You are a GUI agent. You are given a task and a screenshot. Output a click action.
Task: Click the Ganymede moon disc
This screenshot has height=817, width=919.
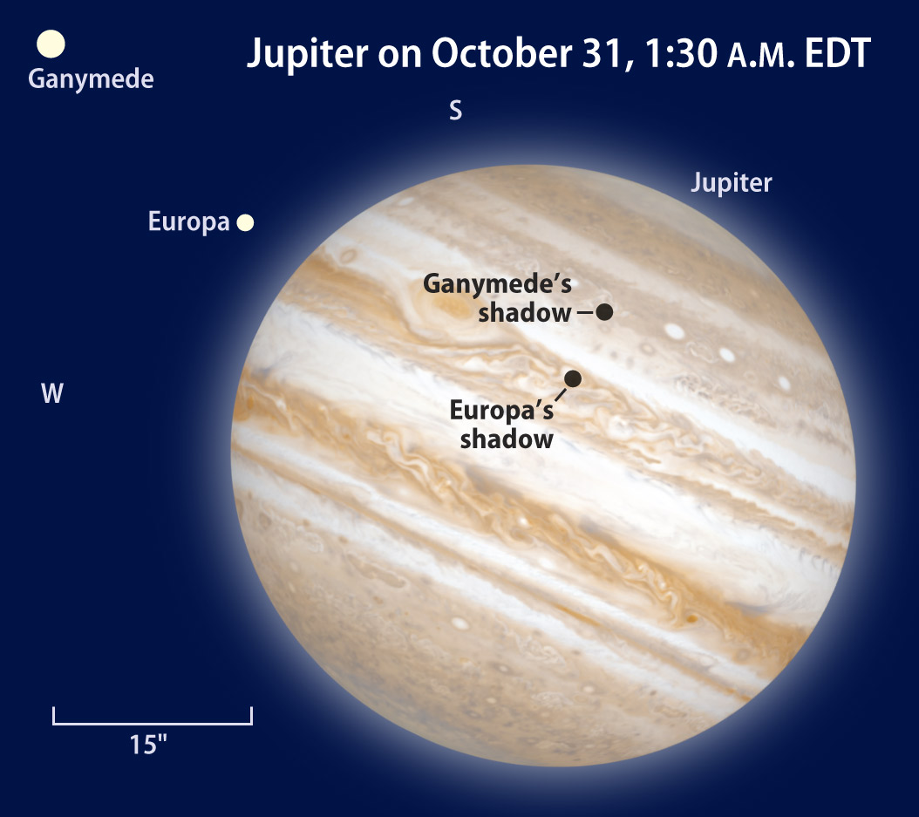pos(51,44)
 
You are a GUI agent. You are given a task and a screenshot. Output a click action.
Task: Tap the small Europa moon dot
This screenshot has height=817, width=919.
pos(245,222)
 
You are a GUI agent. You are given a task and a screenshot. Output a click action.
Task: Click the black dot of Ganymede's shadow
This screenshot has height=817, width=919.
pos(604,312)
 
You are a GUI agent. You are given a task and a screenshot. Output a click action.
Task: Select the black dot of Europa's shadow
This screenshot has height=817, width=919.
pos(573,378)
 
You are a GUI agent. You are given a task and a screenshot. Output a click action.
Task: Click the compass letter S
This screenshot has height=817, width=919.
pos(455,110)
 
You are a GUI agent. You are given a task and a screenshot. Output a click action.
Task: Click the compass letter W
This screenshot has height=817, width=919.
pos(52,393)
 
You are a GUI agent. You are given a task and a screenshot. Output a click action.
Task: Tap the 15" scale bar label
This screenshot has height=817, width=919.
pos(148,745)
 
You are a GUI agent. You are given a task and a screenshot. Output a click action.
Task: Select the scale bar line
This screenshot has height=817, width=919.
pos(153,724)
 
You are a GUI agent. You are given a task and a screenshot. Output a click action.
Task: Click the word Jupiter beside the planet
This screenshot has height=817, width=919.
pos(732,183)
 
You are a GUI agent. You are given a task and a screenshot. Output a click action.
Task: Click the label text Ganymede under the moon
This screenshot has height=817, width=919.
pos(91,79)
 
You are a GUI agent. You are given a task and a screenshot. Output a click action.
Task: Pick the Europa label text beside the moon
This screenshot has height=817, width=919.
pos(188,221)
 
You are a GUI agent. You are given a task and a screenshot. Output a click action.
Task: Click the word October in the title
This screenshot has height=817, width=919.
pos(501,53)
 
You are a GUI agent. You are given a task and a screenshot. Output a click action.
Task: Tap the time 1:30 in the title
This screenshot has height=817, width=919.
pos(681,53)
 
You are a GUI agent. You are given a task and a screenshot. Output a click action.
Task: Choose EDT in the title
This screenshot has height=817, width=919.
pos(838,53)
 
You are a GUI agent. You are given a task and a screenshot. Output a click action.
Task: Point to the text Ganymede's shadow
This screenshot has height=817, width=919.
pos(497,297)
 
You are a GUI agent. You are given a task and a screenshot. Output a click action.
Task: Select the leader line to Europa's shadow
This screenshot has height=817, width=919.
pos(561,394)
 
